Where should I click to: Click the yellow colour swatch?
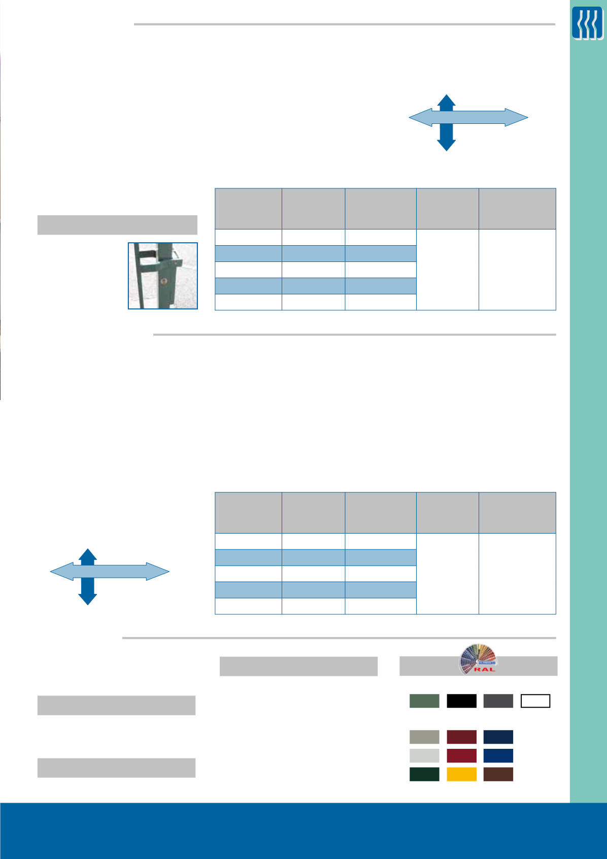tap(461, 774)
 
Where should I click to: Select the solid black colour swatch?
tap(461, 701)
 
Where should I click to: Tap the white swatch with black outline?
tap(535, 701)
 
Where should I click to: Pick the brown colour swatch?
tap(498, 774)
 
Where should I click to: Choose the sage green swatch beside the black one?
tap(424, 701)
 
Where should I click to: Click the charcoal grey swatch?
tap(498, 701)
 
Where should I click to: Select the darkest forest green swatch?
tap(424, 774)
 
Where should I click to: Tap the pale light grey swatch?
tap(424, 755)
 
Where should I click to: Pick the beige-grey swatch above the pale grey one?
tap(424, 737)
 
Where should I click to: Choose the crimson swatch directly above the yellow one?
tap(461, 755)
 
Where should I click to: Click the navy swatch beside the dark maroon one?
tap(498, 737)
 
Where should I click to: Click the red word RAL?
tap(485, 670)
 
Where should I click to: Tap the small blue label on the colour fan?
tap(486, 663)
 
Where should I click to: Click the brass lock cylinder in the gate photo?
tap(164, 281)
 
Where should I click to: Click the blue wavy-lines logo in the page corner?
tap(587, 23)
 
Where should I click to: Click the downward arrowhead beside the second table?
tap(87, 599)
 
